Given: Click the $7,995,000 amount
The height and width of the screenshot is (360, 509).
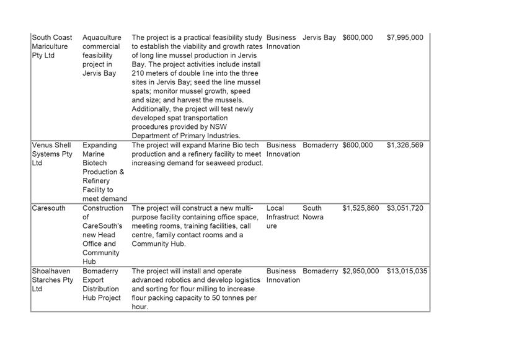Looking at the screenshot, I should click(x=405, y=38).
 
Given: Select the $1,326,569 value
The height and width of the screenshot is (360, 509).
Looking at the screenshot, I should click(x=405, y=146).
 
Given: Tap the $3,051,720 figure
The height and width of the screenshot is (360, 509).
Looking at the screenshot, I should click(x=405, y=208).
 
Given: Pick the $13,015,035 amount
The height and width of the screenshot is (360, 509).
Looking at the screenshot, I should click(x=407, y=271).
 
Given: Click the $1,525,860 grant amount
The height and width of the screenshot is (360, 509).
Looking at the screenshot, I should click(x=360, y=208).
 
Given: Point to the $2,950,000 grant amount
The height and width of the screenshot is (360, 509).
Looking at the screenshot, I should click(x=360, y=271).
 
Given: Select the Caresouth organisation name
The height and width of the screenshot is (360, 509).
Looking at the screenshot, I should click(x=48, y=208).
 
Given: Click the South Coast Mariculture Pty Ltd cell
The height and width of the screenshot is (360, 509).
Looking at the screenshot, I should click(x=52, y=46).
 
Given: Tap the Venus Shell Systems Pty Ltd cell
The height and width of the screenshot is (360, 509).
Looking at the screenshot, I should click(x=52, y=154).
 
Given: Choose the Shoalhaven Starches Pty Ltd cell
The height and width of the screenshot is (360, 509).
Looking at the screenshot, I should click(x=52, y=280).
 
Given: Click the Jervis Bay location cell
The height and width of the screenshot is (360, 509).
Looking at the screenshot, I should click(x=319, y=38).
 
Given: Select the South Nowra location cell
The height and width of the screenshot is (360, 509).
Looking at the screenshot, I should click(x=313, y=213).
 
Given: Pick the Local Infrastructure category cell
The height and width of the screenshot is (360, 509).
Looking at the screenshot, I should click(x=282, y=217).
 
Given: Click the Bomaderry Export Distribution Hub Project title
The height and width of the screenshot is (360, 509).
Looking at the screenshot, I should click(x=102, y=284).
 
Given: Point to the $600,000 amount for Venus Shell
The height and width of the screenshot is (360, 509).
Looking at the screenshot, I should click(x=358, y=146).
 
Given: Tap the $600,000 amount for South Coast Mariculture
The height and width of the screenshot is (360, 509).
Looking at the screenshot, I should click(x=358, y=38).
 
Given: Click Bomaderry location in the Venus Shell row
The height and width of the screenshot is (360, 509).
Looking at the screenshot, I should click(x=321, y=146).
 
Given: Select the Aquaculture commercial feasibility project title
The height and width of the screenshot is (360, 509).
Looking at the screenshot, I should click(x=102, y=55).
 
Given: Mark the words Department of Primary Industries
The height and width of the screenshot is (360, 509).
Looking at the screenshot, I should click(x=186, y=136).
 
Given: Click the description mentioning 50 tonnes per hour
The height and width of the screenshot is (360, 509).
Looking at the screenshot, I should click(x=193, y=289).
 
